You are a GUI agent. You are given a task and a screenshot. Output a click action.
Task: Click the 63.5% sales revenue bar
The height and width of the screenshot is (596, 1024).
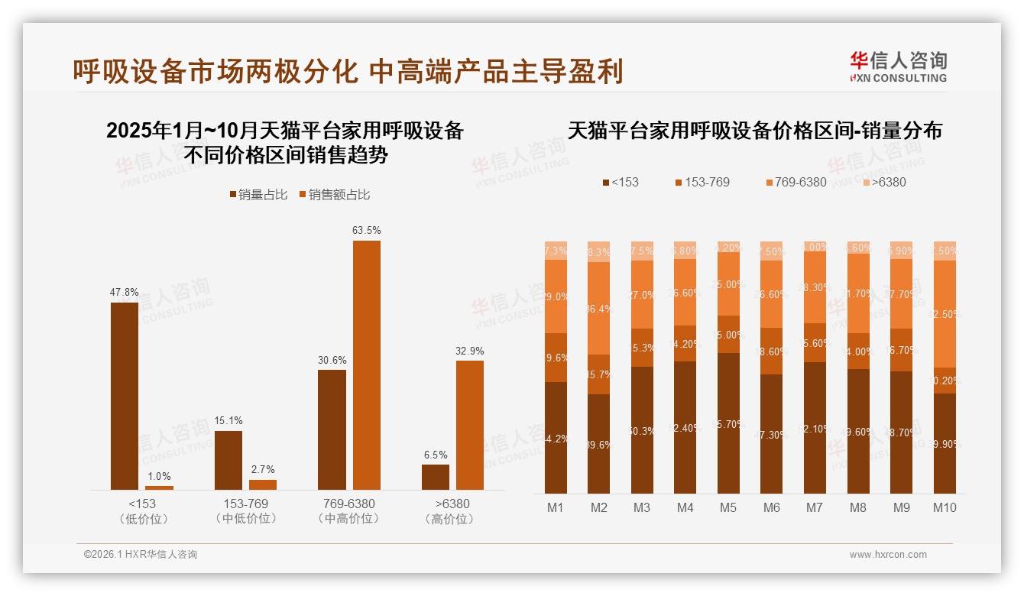coord(366,365)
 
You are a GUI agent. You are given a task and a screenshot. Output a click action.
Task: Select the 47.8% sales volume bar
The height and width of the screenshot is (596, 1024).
coord(125,396)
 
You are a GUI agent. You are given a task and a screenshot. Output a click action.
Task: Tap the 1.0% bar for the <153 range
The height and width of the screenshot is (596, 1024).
coord(159,487)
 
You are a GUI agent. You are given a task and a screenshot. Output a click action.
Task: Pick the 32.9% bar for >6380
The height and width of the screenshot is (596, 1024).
coord(470,425)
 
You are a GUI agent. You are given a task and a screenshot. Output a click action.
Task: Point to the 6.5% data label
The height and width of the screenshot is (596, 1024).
coord(436,455)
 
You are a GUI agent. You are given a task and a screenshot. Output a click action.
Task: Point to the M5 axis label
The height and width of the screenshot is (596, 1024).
coord(728,507)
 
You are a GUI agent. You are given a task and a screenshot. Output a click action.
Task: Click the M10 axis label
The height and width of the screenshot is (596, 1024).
coord(945,507)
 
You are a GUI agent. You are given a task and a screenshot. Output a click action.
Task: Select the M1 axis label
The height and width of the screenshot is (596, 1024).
coord(556,507)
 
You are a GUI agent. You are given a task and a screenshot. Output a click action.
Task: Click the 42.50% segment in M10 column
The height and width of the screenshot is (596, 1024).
coord(945,313)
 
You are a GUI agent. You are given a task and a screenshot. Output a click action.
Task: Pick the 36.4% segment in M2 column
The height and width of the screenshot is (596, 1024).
coord(599,308)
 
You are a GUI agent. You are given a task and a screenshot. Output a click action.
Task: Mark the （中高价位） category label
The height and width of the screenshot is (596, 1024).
coord(348,519)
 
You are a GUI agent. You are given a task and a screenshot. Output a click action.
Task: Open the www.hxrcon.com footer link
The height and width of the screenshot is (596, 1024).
coord(888,555)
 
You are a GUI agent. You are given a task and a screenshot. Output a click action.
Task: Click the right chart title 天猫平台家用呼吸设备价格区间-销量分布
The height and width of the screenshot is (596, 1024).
coord(754,131)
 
